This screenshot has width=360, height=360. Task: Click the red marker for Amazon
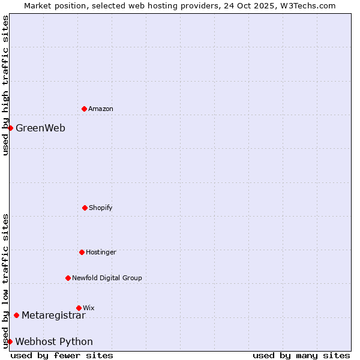pos(84,109)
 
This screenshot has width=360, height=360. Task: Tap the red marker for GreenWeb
pos(10,128)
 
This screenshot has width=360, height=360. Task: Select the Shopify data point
pos(85,208)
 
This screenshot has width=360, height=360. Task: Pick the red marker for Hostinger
pos(82,252)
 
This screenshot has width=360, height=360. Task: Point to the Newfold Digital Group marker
pos(68,278)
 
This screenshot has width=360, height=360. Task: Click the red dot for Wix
pos(79,308)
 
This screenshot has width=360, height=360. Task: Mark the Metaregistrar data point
pos(16,315)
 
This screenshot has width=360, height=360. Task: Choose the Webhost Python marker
pos(10,341)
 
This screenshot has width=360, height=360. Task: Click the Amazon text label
pos(101,109)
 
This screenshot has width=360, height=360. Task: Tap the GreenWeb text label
pos(40,128)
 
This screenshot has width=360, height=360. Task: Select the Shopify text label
pos(101,208)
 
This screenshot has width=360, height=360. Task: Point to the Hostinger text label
pos(101,252)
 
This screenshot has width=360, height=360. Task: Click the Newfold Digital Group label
pos(107,278)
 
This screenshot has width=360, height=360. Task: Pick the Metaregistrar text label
pos(53,315)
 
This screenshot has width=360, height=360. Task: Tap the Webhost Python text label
pos(54,341)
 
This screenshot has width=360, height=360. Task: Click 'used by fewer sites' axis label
pos(62,355)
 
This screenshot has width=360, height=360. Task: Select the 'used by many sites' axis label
pos(301,355)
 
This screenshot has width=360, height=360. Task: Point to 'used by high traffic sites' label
pos(5,85)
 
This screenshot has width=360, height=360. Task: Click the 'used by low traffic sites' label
pos(5,281)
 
